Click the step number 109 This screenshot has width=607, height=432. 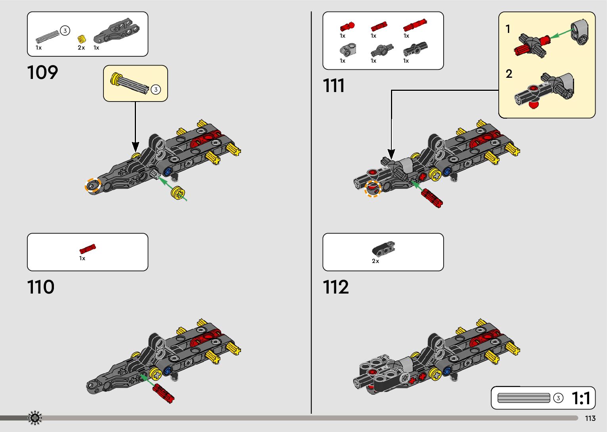coord(42,73)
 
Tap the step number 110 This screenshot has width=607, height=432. coord(40,287)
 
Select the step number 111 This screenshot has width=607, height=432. coord(333,86)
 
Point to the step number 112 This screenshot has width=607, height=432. coord(336,287)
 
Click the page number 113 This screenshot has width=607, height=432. coord(590,419)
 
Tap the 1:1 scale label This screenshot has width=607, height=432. coord(581,398)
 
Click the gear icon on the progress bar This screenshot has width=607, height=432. coord(35,418)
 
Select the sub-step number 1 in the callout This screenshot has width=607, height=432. coord(508,29)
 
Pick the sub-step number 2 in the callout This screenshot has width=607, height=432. coord(509,74)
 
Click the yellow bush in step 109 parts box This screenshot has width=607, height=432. coord(82,39)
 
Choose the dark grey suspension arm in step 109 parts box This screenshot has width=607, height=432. coord(117,31)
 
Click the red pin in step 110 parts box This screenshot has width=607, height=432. coord(88,249)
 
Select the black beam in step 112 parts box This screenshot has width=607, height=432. coord(383,248)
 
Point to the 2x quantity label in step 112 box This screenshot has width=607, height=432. coord(375,261)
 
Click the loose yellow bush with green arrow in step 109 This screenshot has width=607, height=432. coord(178,193)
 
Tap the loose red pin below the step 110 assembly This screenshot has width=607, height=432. coord(163,393)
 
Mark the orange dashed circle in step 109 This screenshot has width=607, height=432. coord(93,185)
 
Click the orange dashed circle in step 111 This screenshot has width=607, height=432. coord(372,189)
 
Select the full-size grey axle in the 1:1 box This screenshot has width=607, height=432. coord(524,398)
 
